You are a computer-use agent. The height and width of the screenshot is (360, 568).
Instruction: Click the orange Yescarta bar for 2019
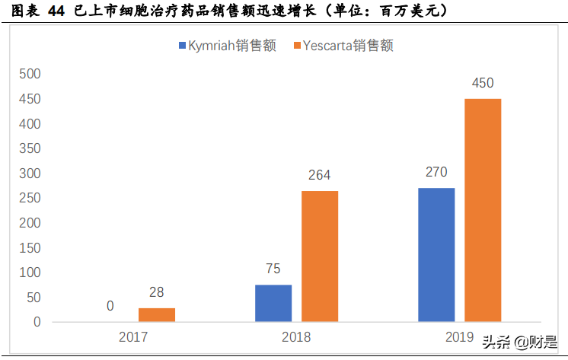coord(483,210)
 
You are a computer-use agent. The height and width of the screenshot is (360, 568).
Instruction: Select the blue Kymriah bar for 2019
coord(436,254)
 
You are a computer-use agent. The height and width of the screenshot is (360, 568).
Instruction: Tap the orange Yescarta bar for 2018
coord(320,256)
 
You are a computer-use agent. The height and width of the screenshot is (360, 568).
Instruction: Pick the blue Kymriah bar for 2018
coord(273,303)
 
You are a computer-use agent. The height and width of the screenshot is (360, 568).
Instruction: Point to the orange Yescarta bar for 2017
coord(157,314)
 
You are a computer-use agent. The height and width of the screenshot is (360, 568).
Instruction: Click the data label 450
coord(483,83)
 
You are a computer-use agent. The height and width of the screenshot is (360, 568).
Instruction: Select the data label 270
coord(436,172)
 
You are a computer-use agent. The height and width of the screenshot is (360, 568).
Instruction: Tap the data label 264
coord(320,175)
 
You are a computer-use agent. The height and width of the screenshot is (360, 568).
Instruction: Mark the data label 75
coord(273,269)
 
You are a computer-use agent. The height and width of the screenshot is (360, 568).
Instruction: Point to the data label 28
coord(157,292)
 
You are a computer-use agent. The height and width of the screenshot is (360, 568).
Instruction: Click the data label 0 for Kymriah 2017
coord(110,306)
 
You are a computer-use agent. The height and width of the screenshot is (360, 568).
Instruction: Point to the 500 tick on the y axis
coord(29,74)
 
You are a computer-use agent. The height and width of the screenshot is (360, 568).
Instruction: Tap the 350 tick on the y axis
coord(29,148)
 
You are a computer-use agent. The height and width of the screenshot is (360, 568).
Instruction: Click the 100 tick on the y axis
coord(29,272)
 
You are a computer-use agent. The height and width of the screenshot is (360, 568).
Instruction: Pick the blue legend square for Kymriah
coord(183,46)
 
